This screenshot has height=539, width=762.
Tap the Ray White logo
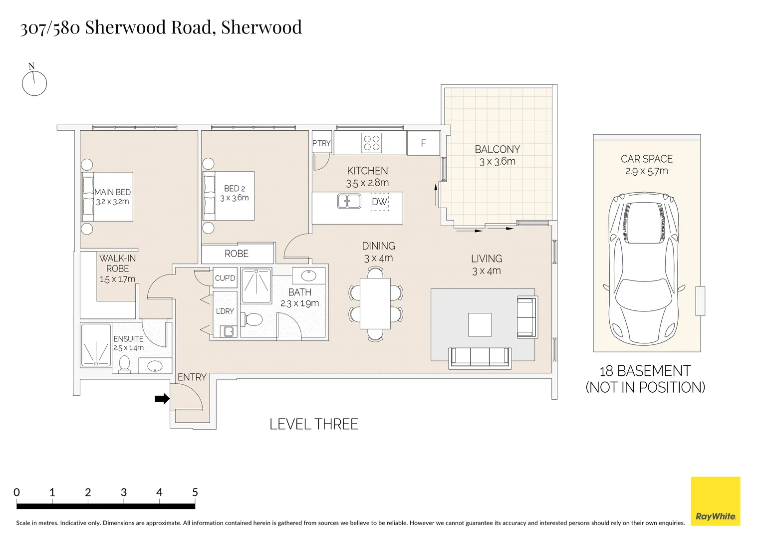click(716, 501)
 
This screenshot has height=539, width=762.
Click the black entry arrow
click(162, 398)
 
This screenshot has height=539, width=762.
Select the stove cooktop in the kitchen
click(371, 143)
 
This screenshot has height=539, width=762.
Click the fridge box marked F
click(424, 143)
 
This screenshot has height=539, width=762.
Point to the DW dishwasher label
click(379, 202)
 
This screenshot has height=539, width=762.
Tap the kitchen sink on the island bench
click(349, 201)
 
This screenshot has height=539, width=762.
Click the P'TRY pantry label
click(321, 143)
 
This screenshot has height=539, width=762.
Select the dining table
click(375, 303)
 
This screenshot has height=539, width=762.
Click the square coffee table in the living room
click(480, 324)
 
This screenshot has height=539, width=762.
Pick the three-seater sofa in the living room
click(480, 358)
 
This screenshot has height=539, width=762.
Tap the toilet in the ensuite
click(125, 364)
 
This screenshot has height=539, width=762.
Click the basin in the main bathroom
click(308, 275)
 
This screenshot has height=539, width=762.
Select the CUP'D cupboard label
click(225, 278)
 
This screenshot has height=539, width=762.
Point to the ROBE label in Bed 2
click(237, 254)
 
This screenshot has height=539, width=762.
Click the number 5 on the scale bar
click(195, 492)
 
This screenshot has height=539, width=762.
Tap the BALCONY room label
click(498, 149)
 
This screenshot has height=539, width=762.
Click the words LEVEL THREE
click(314, 424)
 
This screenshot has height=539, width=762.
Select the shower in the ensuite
click(96, 345)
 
